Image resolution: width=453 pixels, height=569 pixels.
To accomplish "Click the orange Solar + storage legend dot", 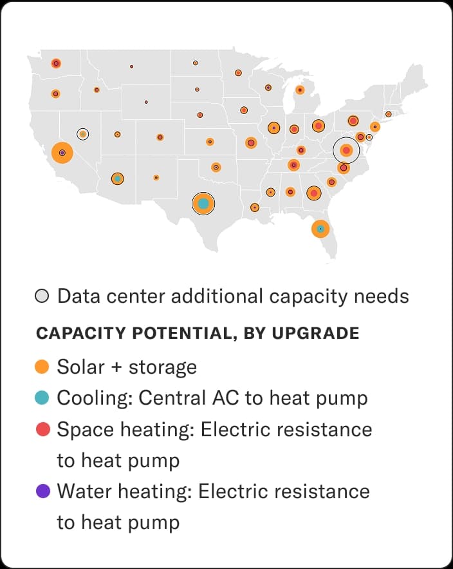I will (x=42, y=367).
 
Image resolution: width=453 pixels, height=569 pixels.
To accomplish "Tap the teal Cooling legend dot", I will (x=42, y=398).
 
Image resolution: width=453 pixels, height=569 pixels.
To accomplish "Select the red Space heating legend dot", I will (x=42, y=429).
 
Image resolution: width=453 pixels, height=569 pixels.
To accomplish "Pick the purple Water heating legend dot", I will (x=42, y=492).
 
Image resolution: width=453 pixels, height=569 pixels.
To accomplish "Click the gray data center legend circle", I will (x=42, y=296).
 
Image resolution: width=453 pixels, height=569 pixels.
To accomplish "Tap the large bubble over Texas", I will (x=203, y=204).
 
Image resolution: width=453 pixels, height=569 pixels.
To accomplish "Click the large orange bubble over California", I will (x=62, y=153).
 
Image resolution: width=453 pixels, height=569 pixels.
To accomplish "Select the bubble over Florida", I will (x=320, y=229).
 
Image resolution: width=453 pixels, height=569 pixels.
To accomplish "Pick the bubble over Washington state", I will (x=57, y=63).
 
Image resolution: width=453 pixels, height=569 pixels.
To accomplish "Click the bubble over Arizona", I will (x=117, y=178).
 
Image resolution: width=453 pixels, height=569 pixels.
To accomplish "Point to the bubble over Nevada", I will (x=82, y=134).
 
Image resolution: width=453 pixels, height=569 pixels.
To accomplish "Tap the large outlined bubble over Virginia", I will (x=346, y=150).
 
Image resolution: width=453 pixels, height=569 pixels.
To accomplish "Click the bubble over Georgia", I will (x=314, y=193).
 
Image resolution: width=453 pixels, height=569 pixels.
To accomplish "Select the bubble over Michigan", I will (x=299, y=90).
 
